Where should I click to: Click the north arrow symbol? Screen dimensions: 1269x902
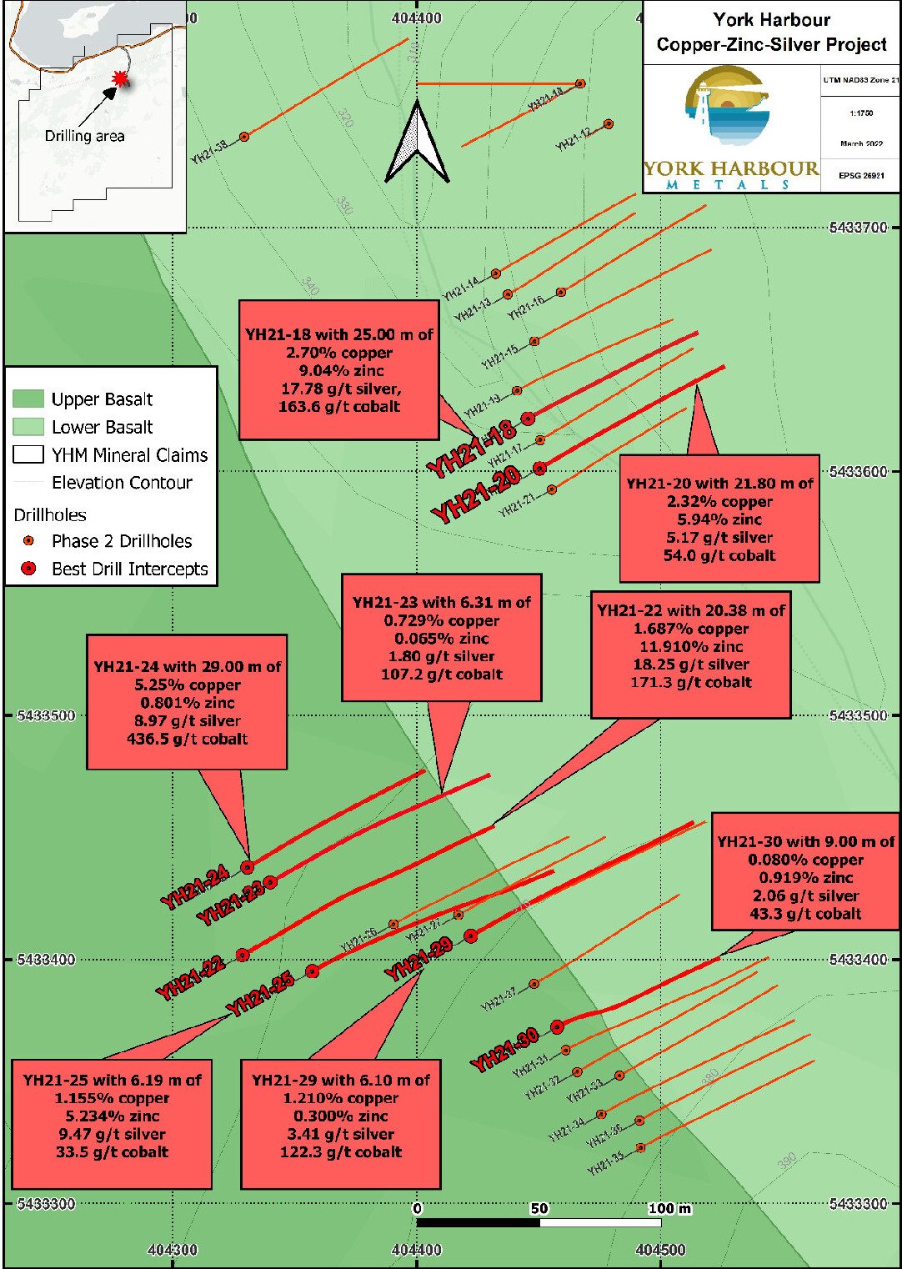pyautogui.click(x=416, y=143)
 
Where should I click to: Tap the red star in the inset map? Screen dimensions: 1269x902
pyautogui.click(x=122, y=78)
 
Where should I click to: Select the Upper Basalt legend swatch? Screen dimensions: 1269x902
pyautogui.click(x=28, y=399)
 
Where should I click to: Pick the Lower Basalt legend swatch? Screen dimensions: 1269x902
pyautogui.click(x=28, y=427)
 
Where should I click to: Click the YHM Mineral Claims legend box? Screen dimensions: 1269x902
pyautogui.click(x=28, y=455)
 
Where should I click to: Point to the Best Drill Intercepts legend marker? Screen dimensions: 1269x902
pyautogui.click(x=28, y=569)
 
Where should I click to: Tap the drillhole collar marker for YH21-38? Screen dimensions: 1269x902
pyautogui.click(x=244, y=137)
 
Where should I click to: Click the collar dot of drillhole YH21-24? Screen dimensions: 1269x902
pyautogui.click(x=248, y=868)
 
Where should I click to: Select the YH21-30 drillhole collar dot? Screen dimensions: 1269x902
pyautogui.click(x=557, y=1027)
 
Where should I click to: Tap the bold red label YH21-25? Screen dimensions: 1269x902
pyautogui.click(x=260, y=995)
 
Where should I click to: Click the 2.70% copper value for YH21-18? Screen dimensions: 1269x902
pyautogui.click(x=338, y=353)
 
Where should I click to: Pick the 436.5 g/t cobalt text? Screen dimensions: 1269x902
pyautogui.click(x=187, y=739)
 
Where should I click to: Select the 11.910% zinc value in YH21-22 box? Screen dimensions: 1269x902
pyautogui.click(x=690, y=646)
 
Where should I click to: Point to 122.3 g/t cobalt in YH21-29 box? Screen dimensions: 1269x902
pyautogui.click(x=340, y=1152)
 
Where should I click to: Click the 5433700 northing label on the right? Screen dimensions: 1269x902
pyautogui.click(x=858, y=227)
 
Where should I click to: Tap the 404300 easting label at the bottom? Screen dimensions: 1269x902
pyautogui.click(x=173, y=1250)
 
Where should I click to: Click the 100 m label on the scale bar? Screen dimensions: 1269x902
pyautogui.click(x=669, y=1208)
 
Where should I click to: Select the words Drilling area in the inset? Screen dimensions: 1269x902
pyautogui.click(x=84, y=136)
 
